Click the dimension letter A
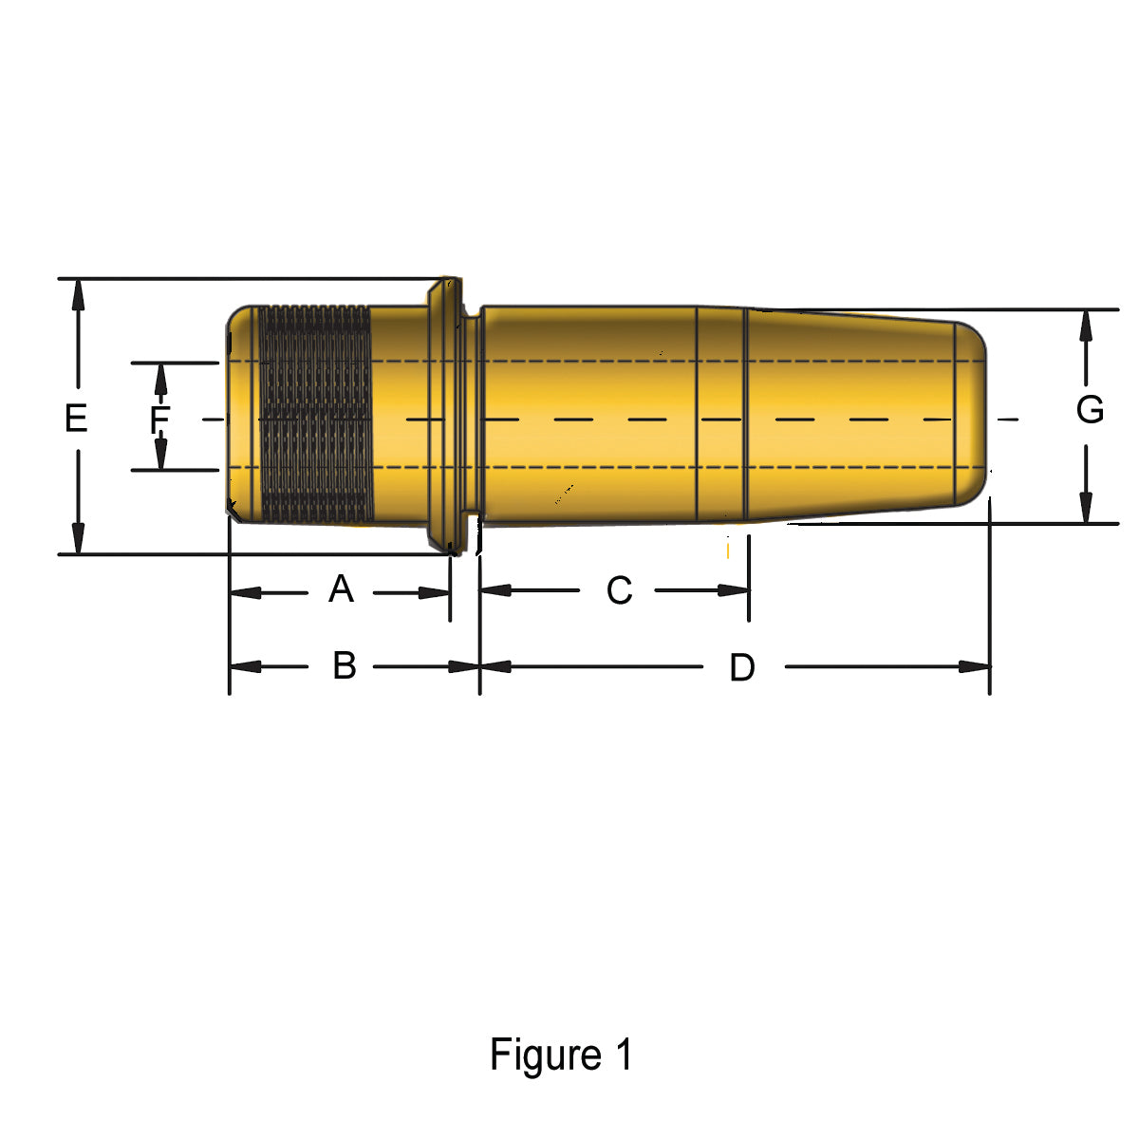click(x=341, y=589)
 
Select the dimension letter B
click(x=344, y=665)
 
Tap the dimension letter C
click(x=619, y=590)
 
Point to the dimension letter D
click(x=741, y=667)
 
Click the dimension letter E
click(x=76, y=418)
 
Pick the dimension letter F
click(x=159, y=419)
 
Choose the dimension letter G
click(x=1090, y=410)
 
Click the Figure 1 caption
click(x=560, y=1055)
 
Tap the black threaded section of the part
click(x=315, y=415)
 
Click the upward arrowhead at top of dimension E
click(x=78, y=294)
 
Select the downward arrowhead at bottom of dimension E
click(x=78, y=538)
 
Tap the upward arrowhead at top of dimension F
click(x=160, y=378)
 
